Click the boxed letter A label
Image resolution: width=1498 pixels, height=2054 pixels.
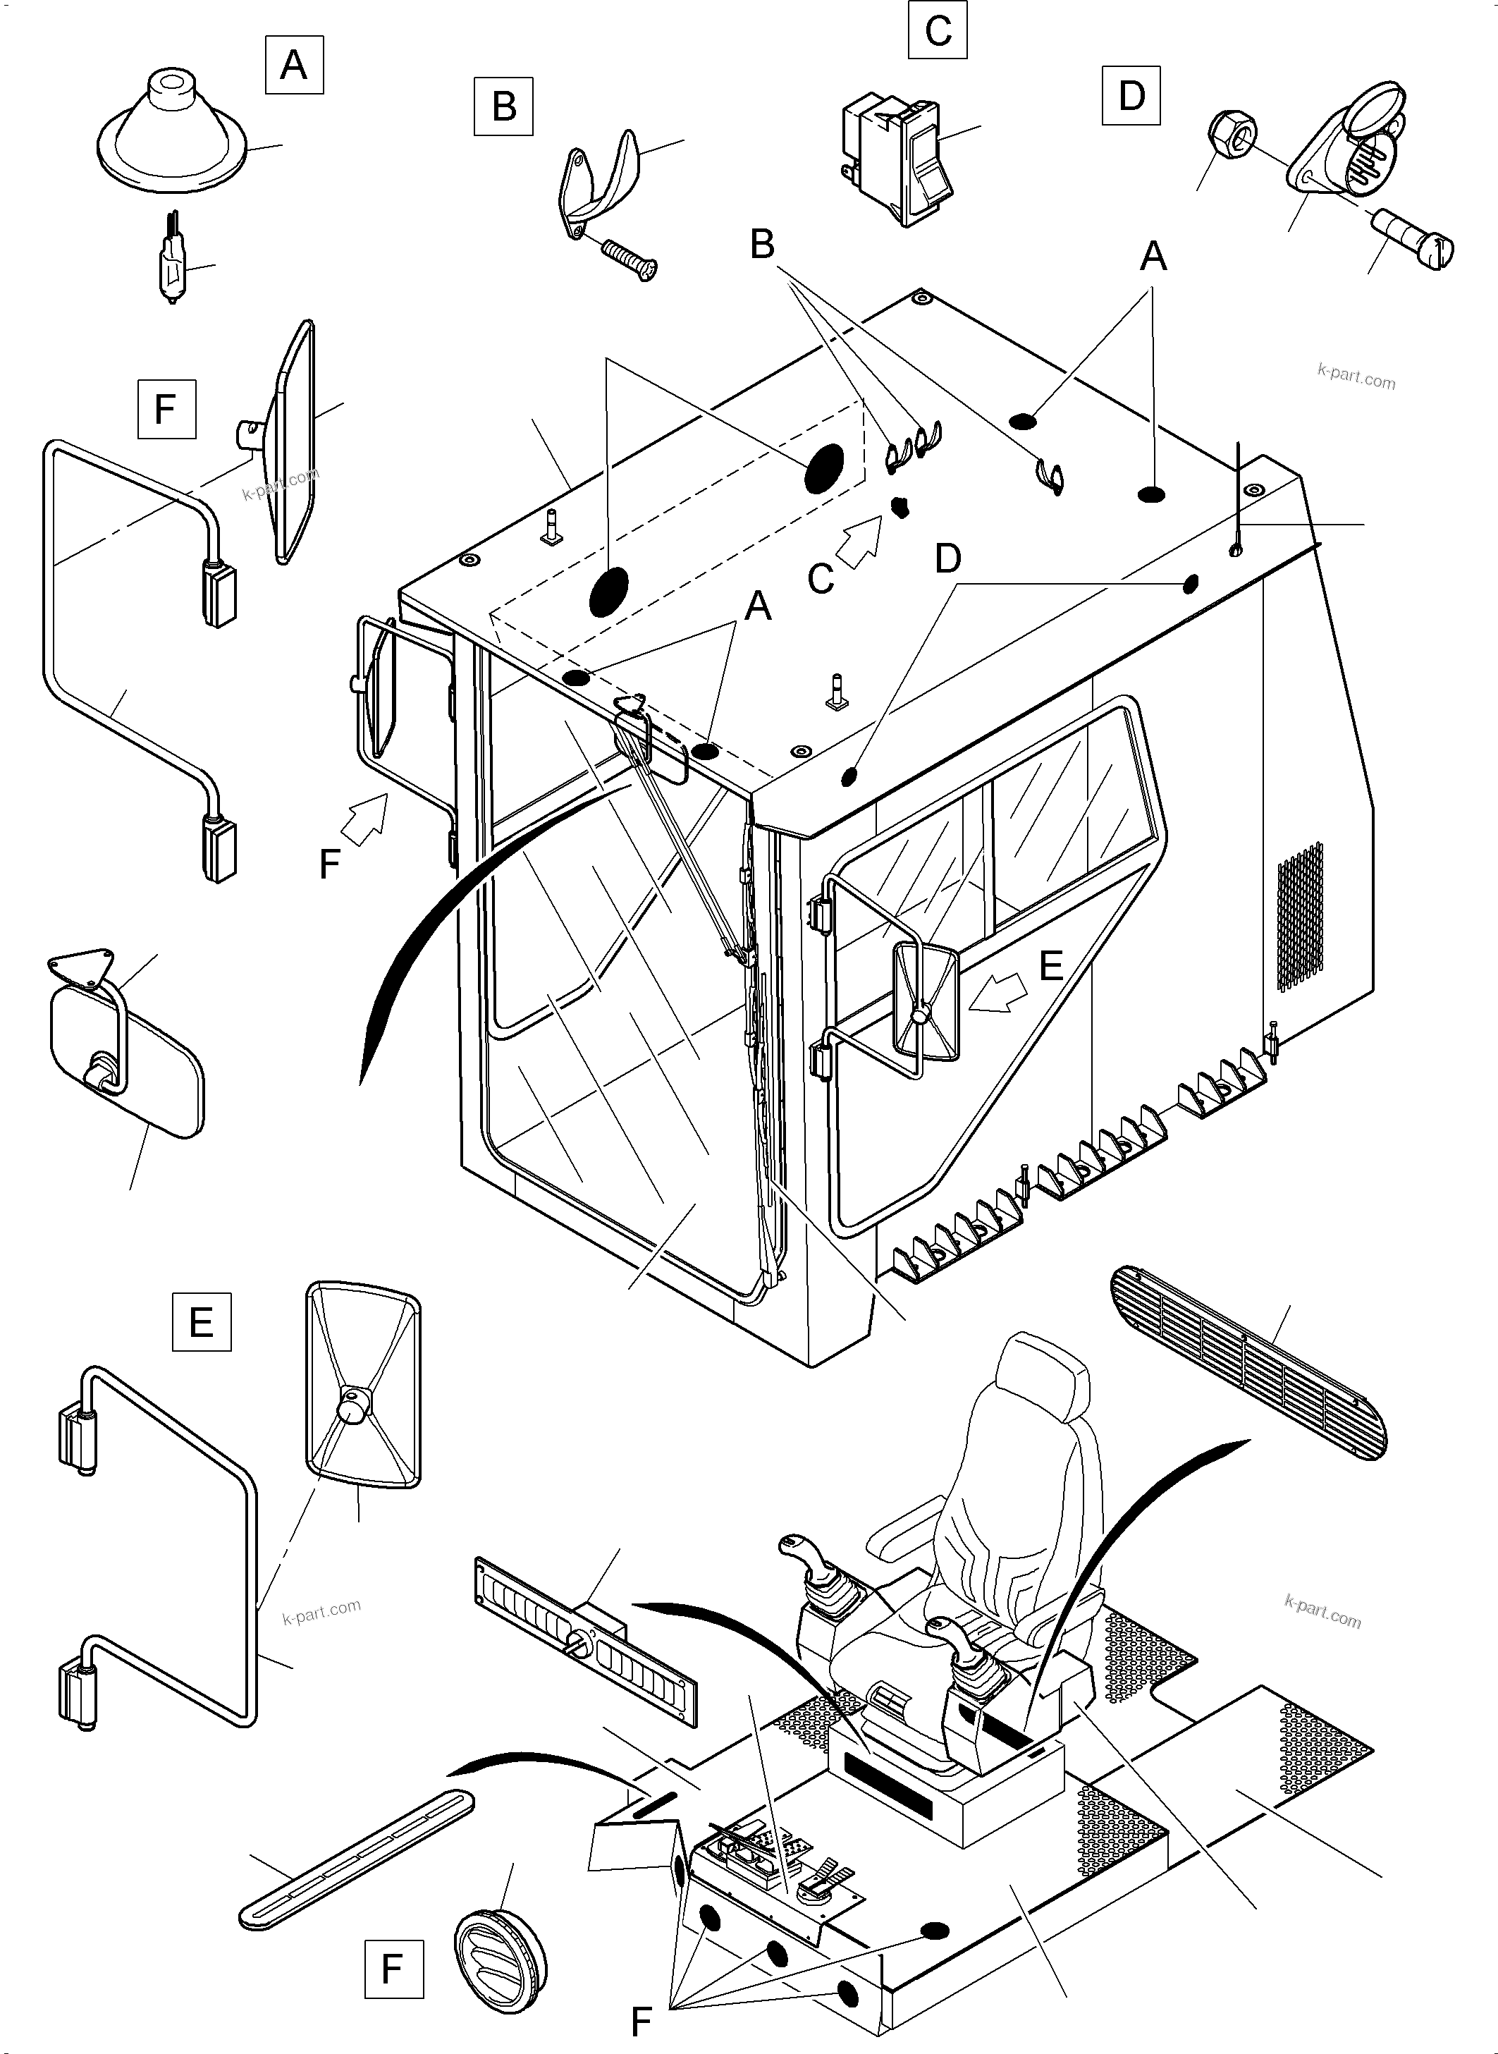pyautogui.click(x=294, y=64)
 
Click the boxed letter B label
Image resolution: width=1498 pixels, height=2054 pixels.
pyautogui.click(x=503, y=106)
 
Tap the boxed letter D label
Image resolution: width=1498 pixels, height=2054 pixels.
pyautogui.click(x=1131, y=95)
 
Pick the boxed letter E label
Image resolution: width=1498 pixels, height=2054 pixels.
pyautogui.click(x=202, y=1321)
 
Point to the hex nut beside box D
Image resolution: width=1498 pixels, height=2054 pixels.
pyautogui.click(x=1232, y=134)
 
